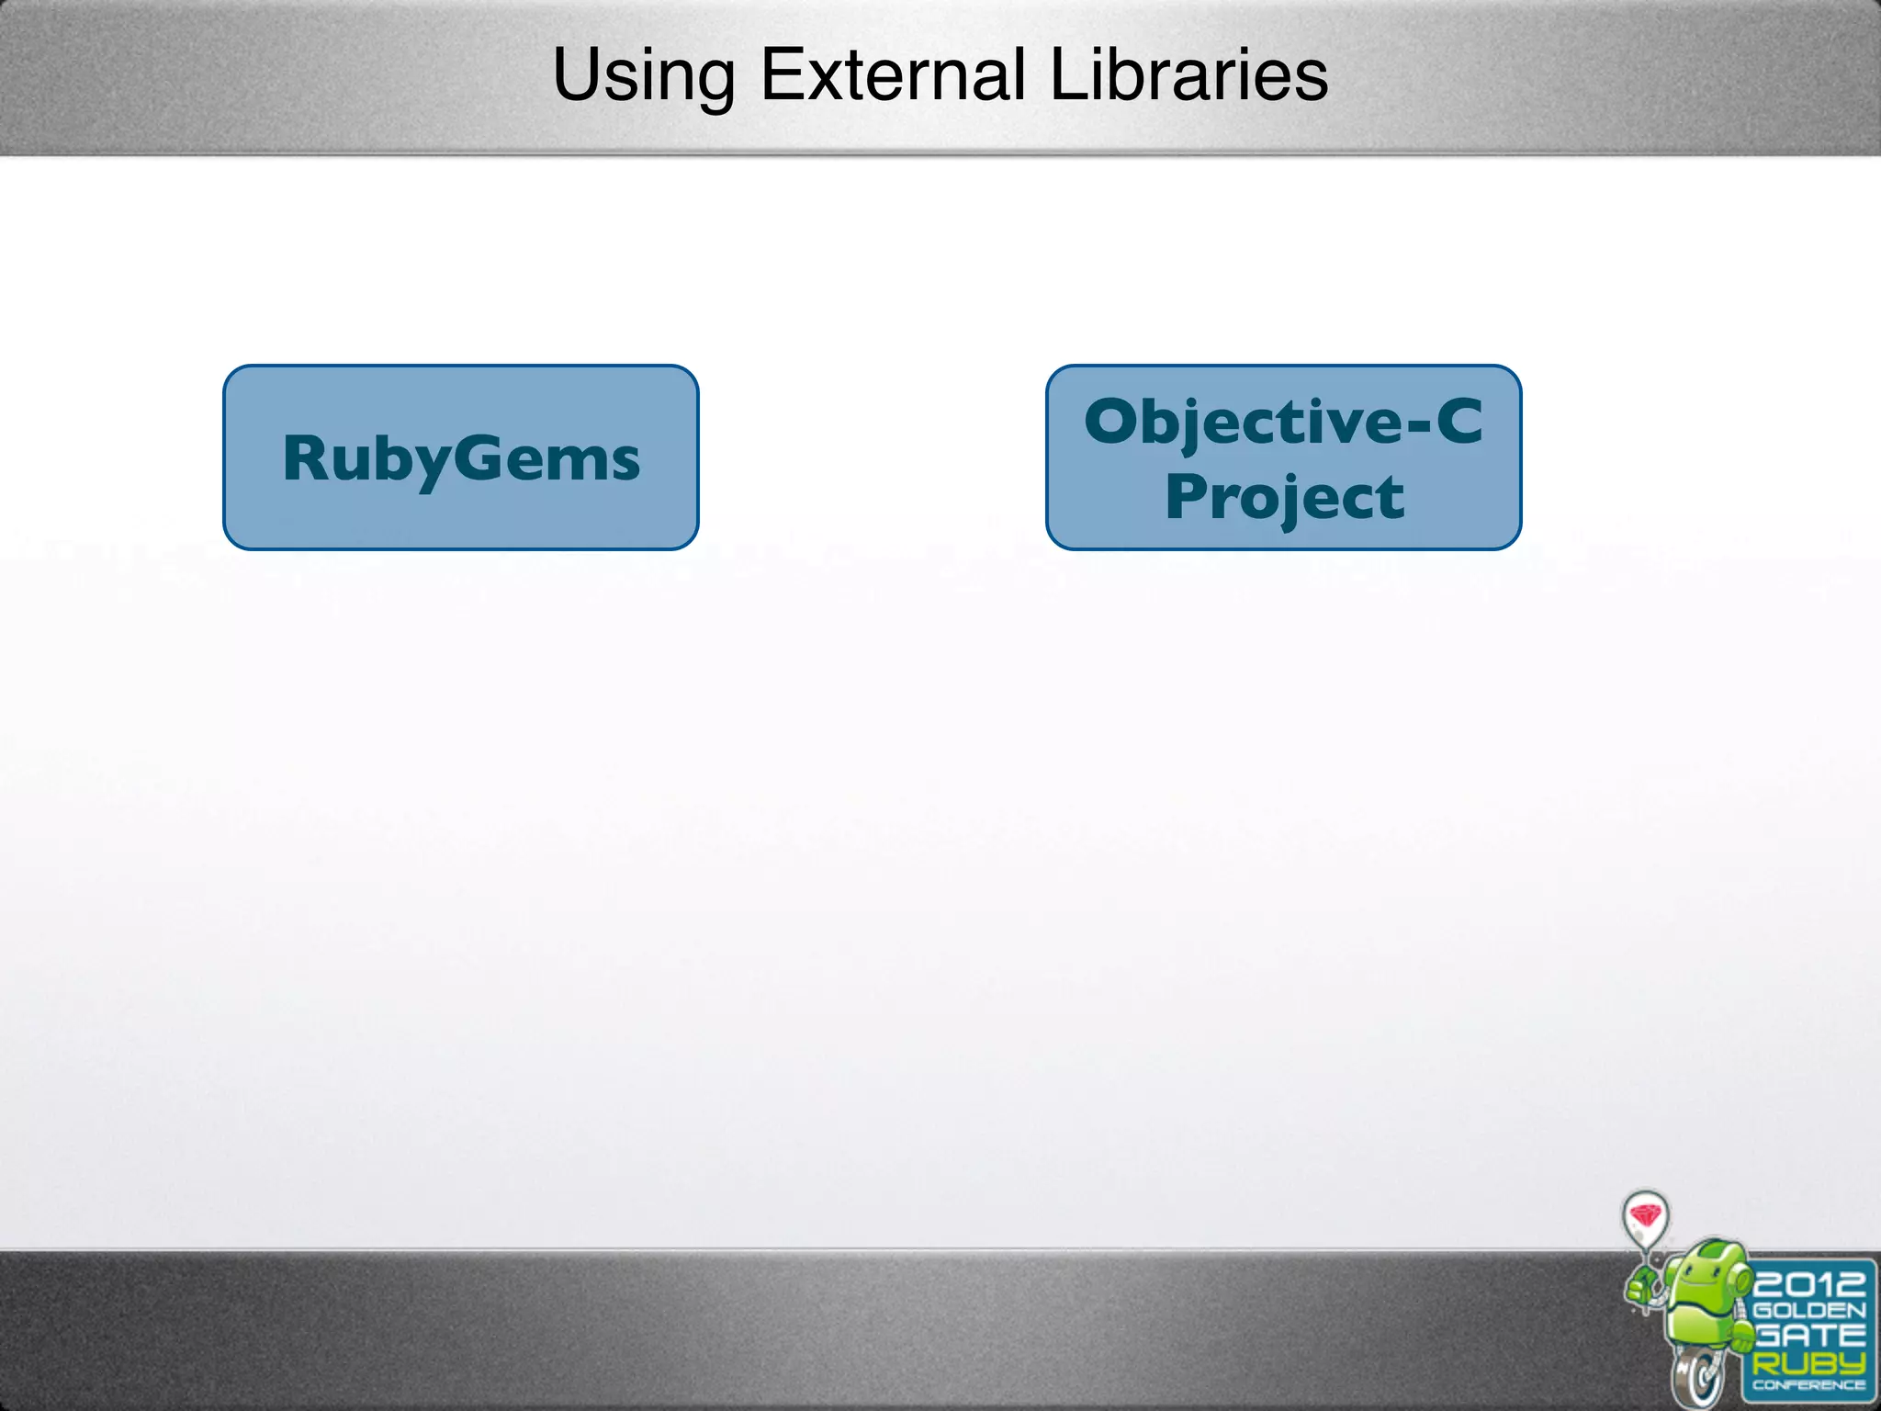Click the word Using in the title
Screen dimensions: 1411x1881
pos(643,75)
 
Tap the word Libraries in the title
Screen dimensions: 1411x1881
pos(1188,75)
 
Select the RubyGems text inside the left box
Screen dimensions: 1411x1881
pos(461,458)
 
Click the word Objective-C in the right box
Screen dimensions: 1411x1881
pos(1283,422)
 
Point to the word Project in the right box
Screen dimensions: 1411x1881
pos(1284,498)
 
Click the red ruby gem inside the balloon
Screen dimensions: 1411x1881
pos(1646,1215)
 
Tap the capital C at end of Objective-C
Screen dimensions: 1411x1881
pos(1459,422)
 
